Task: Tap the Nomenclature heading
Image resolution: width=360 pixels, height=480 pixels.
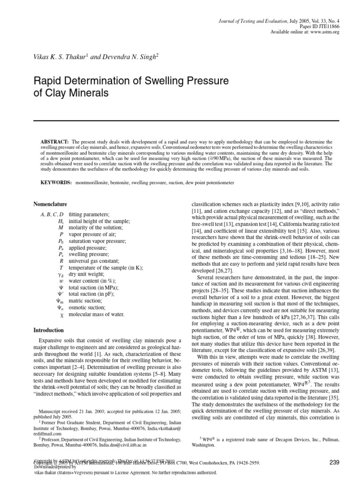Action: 50,204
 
